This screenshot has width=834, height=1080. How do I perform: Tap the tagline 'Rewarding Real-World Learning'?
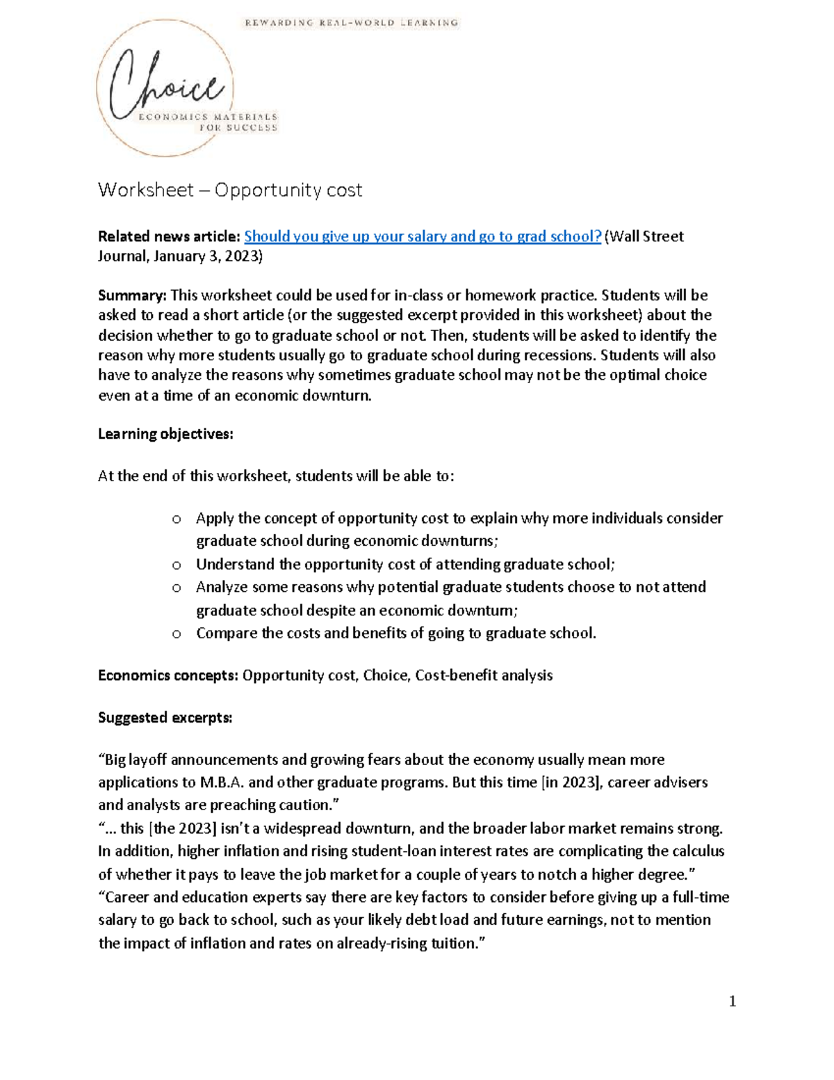point(351,23)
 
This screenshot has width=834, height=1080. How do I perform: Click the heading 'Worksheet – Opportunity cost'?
point(230,190)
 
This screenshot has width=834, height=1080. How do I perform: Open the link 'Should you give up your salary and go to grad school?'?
point(423,236)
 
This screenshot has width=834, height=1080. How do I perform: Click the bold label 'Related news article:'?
point(169,236)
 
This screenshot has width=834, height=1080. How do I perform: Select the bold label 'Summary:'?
point(132,295)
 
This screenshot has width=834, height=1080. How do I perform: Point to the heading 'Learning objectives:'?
point(165,434)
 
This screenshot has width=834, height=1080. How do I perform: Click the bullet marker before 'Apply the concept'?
point(177,519)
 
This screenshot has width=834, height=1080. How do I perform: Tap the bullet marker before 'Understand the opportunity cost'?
point(177,565)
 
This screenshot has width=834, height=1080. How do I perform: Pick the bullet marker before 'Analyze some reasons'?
point(177,588)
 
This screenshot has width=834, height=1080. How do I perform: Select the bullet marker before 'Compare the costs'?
point(177,634)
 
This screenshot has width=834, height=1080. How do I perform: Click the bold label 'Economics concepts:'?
point(168,675)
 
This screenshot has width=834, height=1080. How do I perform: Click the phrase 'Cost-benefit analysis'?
point(484,675)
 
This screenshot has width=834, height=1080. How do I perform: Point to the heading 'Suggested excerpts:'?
point(165,718)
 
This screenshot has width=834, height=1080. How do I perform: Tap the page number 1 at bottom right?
point(732,1001)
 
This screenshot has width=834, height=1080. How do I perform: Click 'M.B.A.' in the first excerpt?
point(222,782)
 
